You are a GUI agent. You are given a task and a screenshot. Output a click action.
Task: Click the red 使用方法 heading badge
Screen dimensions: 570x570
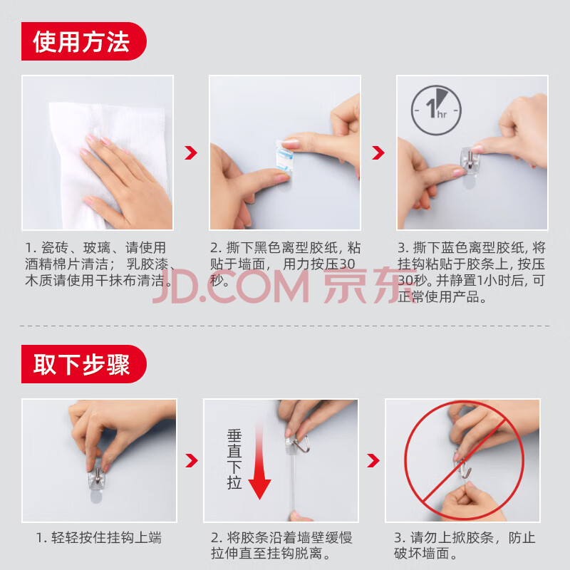pos(84,41)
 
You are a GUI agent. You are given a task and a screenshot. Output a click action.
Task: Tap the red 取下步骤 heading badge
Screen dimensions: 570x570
pos(84,364)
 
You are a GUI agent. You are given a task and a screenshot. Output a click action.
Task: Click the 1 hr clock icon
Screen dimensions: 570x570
pos(436,110)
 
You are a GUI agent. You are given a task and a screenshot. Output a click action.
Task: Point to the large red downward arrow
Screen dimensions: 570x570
pos(259,462)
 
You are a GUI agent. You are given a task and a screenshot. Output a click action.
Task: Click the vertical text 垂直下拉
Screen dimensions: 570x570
pos(234,460)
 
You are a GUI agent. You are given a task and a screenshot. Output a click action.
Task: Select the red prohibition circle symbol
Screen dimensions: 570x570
pos(464,460)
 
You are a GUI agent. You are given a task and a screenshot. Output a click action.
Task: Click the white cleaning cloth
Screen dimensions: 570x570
pos(109,164)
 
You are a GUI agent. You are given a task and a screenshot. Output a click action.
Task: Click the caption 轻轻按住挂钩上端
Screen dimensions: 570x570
pos(99,538)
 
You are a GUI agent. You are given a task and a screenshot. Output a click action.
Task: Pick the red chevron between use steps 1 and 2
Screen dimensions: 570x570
pos(191,152)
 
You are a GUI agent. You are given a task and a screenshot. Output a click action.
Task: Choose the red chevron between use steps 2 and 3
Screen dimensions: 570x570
pos(378,152)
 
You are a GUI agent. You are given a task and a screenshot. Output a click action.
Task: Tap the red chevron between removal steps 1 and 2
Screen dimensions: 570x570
pos(192,460)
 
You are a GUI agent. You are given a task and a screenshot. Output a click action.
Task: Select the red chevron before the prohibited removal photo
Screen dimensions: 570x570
pos(373,460)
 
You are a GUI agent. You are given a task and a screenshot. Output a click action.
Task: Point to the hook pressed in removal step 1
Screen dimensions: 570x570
pos(98,478)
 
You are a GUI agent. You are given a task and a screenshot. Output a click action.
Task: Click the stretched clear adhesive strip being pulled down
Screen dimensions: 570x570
pos(293,484)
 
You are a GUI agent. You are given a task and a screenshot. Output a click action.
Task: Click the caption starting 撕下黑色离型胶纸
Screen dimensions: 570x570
pos(286,264)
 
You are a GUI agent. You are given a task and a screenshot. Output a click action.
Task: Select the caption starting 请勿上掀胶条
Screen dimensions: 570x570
pos(465,546)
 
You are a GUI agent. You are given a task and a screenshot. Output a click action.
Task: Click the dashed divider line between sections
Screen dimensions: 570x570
pos(285,326)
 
